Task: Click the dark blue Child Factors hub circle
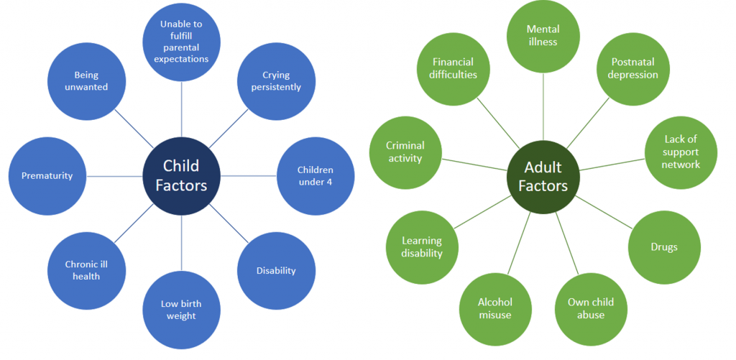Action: coord(181,176)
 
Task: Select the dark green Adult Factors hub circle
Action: coord(543,176)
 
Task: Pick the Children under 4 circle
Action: coord(315,175)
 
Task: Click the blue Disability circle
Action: coord(276,271)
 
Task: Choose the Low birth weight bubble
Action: coord(181,310)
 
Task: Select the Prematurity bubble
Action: coord(47,175)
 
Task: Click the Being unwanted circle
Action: coord(86,80)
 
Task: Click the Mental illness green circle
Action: coord(543,36)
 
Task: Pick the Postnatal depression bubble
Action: coord(634,69)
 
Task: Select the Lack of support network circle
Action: coord(681,152)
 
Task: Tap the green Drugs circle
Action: coord(664,247)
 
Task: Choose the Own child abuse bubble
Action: coord(591,308)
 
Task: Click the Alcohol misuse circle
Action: coord(494,308)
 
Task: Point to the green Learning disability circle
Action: coord(422,247)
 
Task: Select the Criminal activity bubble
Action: coord(405,152)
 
